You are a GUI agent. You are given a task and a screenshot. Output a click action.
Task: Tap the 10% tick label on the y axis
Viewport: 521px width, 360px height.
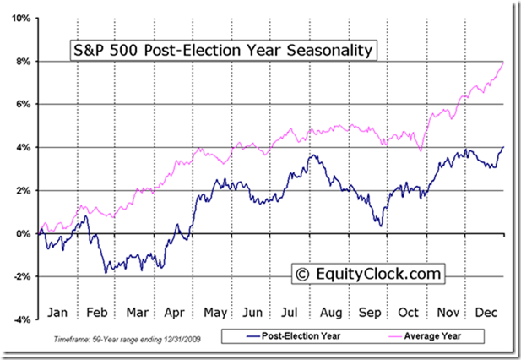pos(21,18)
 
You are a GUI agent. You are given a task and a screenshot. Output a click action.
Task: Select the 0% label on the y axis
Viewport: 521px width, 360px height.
pos(24,233)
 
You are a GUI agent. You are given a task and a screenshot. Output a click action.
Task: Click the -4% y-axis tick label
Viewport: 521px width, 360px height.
pos(21,319)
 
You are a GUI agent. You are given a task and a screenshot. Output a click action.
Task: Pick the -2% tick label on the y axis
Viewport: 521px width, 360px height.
pos(21,276)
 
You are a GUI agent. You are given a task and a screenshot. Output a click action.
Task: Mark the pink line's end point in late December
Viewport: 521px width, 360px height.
pos(504,62)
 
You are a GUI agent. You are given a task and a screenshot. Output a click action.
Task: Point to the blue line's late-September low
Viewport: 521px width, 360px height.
pos(381,225)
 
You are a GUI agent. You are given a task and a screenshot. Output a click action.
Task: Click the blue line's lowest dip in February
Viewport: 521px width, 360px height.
pos(106,272)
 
